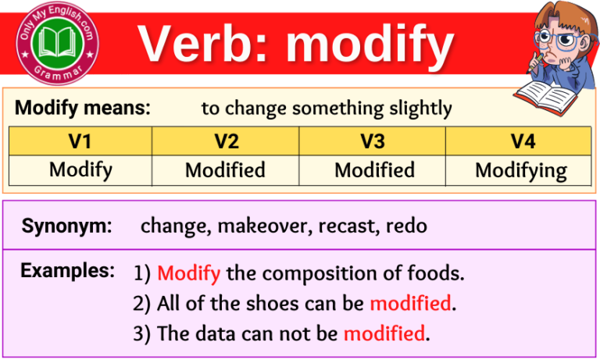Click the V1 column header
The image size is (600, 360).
80,141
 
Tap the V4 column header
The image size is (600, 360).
521,141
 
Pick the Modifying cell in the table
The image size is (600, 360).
521,169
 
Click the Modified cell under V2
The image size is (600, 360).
225,169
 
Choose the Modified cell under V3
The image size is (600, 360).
374,169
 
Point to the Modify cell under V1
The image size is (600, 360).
80,169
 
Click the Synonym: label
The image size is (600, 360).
67,226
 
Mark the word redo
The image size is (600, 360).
407,226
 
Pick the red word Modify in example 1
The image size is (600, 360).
188,273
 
